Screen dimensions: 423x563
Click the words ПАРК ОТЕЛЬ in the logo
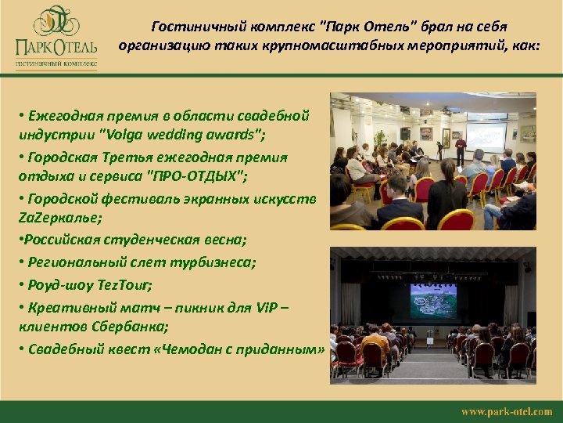point(54,47)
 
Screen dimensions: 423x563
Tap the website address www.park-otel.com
point(506,411)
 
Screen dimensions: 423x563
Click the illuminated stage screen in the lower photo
point(432,299)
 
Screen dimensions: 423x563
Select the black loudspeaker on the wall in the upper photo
point(405,132)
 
